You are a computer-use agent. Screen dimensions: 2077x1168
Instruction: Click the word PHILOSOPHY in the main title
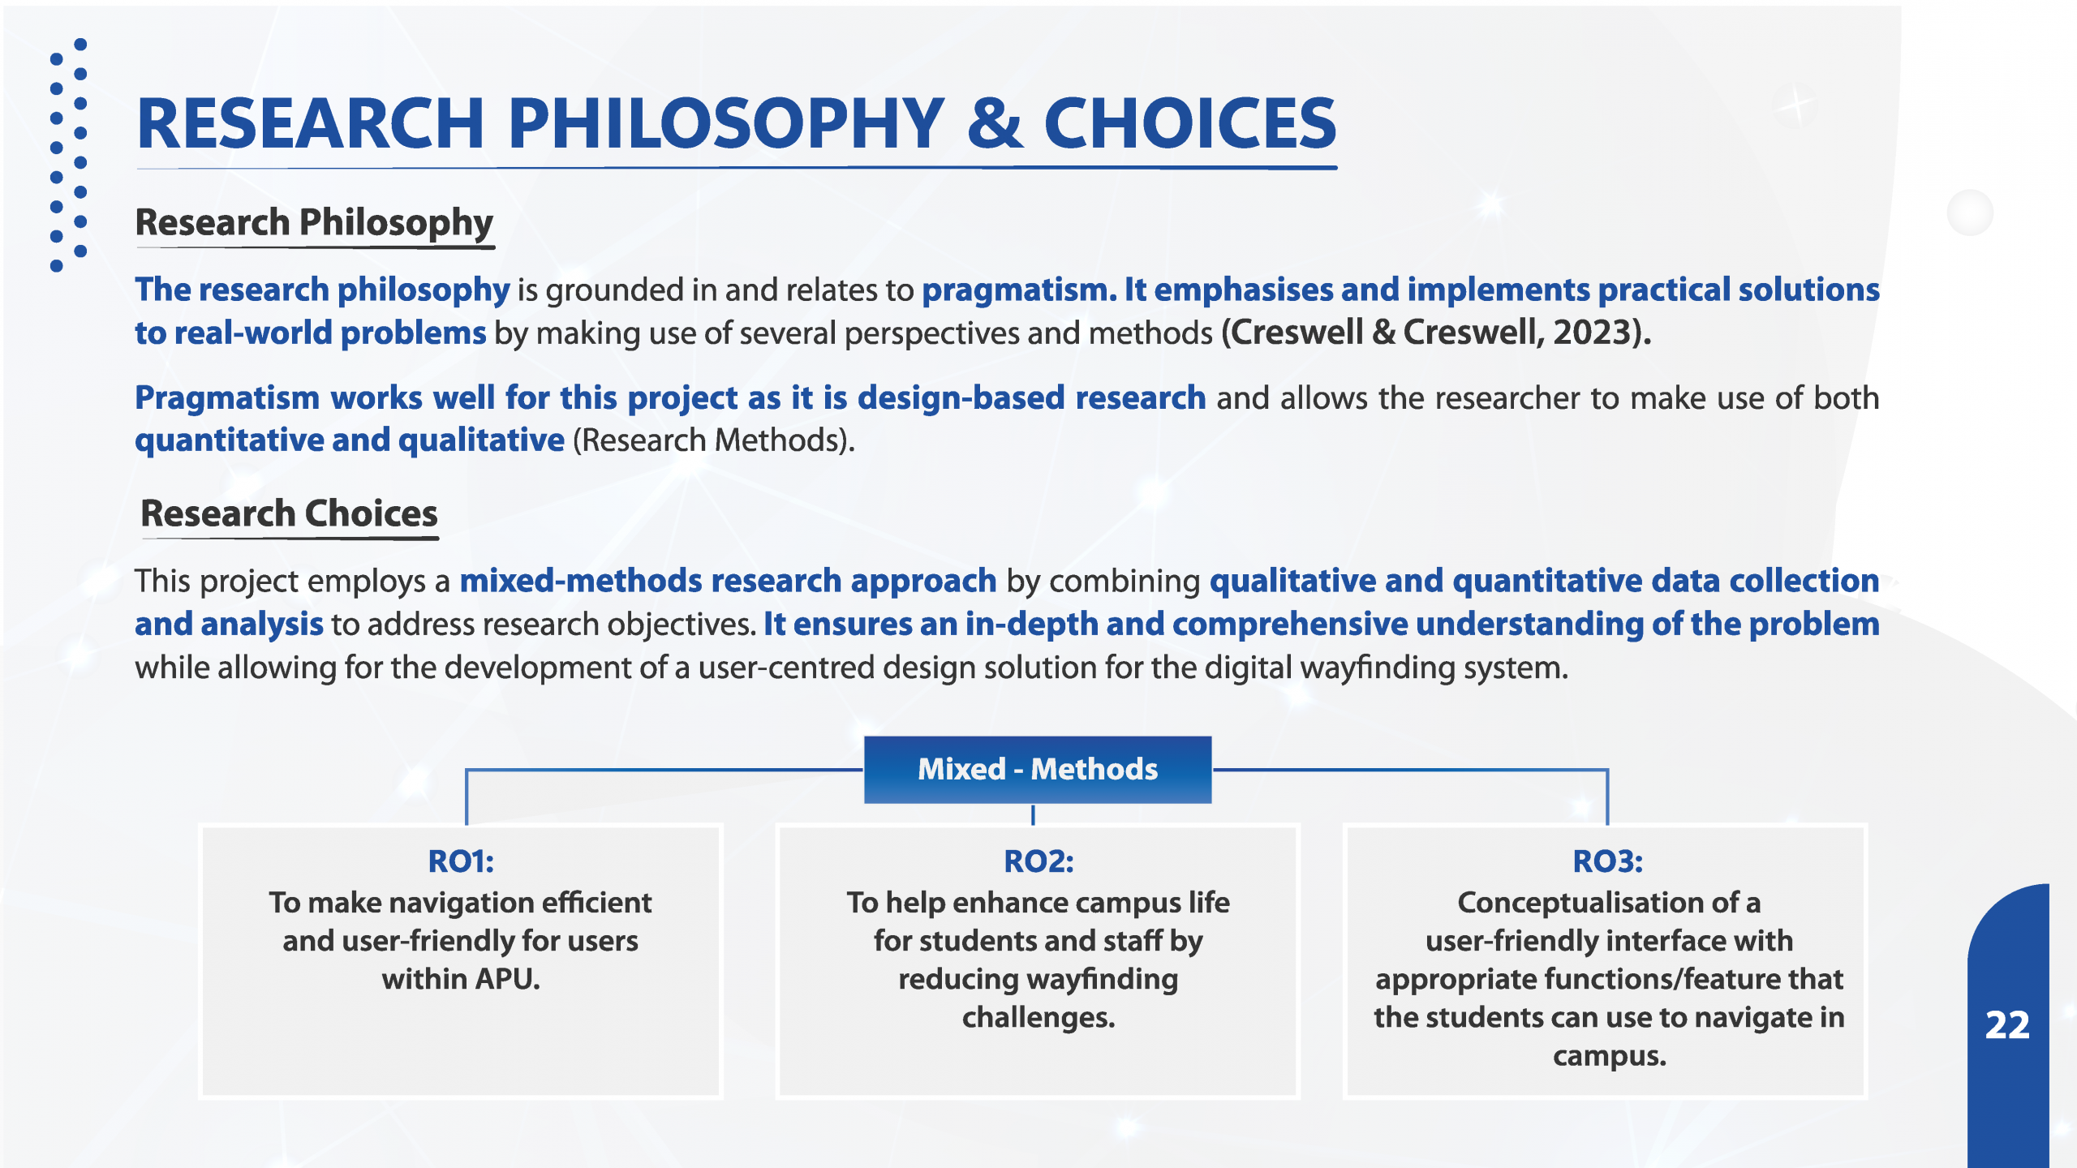(x=727, y=123)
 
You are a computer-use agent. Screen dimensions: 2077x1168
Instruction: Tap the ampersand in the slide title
(x=995, y=123)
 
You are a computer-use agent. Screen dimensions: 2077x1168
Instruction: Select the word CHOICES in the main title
(x=1189, y=123)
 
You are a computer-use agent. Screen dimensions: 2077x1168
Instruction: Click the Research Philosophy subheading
(x=315, y=223)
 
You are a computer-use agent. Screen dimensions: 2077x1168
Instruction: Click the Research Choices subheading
(x=289, y=513)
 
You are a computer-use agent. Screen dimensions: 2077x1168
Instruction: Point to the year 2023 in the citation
(x=1592, y=333)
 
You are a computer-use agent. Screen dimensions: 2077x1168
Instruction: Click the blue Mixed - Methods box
(x=1038, y=769)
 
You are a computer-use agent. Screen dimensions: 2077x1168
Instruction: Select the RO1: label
(x=461, y=861)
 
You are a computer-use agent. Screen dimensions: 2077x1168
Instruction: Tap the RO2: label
(x=1038, y=861)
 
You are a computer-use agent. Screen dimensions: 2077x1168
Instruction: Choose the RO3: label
(x=1608, y=861)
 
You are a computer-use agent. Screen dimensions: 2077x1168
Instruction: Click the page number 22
(x=2007, y=1025)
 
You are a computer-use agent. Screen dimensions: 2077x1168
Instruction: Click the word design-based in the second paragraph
(x=961, y=398)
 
